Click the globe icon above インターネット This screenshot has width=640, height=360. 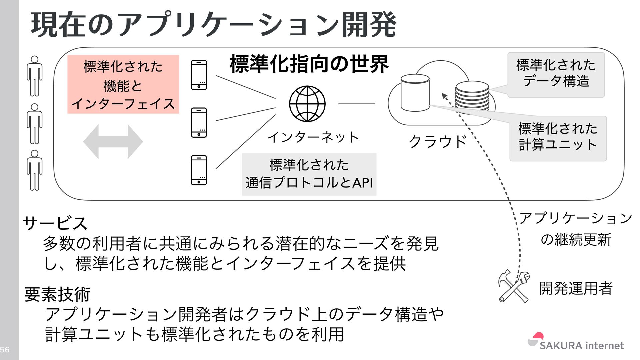click(x=307, y=104)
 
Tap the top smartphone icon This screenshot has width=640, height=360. click(x=199, y=75)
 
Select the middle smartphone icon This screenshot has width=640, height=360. click(x=199, y=123)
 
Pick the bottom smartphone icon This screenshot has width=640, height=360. click(x=199, y=170)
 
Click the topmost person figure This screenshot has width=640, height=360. click(x=34, y=76)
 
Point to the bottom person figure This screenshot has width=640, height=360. click(x=34, y=170)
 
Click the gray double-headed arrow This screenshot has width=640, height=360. click(x=113, y=142)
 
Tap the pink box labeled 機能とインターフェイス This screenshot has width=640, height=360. click(x=123, y=84)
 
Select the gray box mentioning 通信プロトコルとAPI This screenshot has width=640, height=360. click(x=309, y=174)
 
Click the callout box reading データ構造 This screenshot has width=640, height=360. click(x=556, y=74)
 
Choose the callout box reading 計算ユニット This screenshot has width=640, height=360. click(x=558, y=138)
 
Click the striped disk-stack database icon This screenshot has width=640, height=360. click(x=472, y=96)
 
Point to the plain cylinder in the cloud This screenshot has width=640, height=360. click(x=415, y=93)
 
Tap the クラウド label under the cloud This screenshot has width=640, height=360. click(x=437, y=142)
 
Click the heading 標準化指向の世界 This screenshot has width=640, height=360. click(x=309, y=64)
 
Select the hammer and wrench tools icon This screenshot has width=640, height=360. click(x=514, y=286)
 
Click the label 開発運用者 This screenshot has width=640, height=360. click(x=576, y=288)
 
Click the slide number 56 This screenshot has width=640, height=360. click(x=5, y=350)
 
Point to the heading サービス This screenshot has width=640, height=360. click(x=55, y=223)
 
